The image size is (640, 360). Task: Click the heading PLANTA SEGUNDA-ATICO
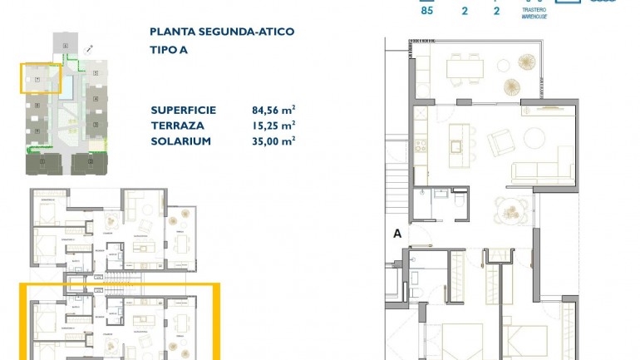221,32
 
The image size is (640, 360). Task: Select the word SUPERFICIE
184,110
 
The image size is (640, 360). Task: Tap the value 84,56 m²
273,110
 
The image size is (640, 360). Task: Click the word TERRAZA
177,126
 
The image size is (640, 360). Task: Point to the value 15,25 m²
273,126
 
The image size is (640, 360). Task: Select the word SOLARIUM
180,141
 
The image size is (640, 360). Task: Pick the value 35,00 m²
273,141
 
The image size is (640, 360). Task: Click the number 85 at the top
427,12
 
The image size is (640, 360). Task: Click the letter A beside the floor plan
397,234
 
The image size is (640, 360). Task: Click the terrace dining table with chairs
465,67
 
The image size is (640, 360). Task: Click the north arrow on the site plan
89,50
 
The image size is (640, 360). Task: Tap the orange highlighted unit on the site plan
41,77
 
